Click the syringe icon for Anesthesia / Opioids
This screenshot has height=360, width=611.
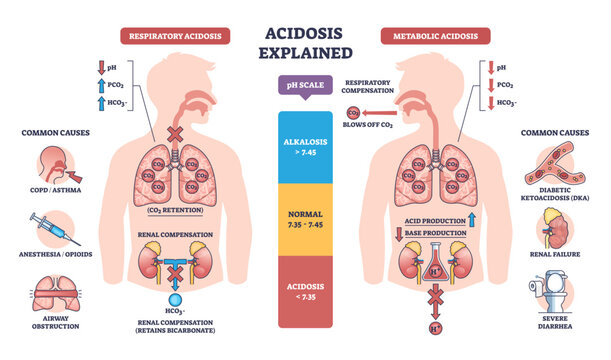point(52,229)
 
